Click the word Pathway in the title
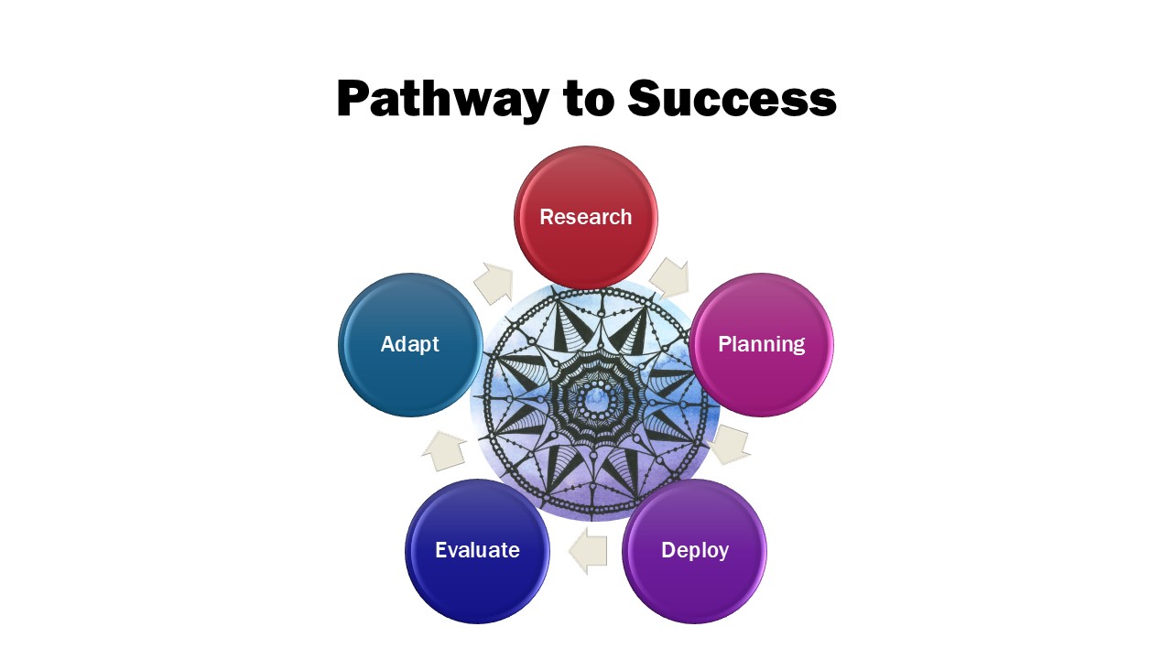pos(442,100)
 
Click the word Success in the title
pos(732,98)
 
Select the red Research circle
pos(586,217)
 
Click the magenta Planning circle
pos(761,345)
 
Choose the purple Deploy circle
pos(694,551)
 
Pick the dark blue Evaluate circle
pos(477,551)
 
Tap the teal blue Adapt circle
pos(410,345)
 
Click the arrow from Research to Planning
pos(669,277)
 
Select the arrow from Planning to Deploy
pos(730,445)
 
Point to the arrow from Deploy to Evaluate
pos(588,551)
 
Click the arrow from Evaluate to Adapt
pos(444,451)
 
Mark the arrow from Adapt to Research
pos(494,283)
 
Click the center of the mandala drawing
pos(594,402)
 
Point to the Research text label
pos(586,217)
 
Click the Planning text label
pos(761,345)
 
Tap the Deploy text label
pos(695,551)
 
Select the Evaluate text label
pos(477,550)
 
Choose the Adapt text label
pos(409,345)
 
